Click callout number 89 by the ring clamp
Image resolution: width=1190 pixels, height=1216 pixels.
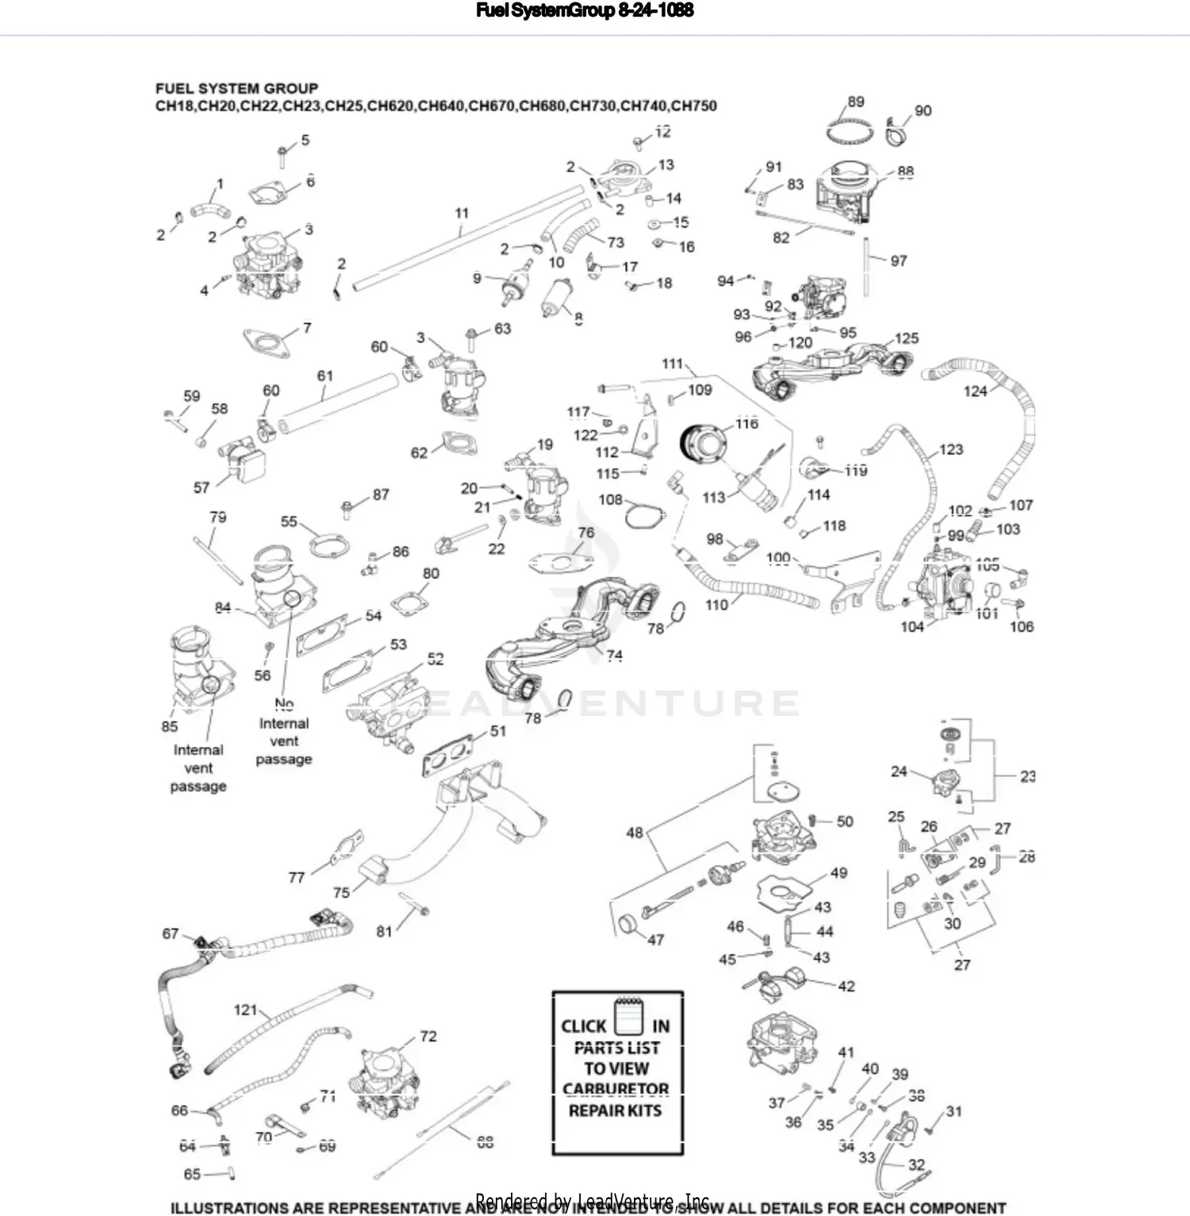click(855, 102)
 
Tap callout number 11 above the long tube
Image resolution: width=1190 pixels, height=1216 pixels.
click(462, 213)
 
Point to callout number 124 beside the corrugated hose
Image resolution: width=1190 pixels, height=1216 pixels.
click(975, 391)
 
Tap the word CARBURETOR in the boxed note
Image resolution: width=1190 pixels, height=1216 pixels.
click(616, 1089)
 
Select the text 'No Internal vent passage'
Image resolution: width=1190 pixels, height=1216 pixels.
click(283, 732)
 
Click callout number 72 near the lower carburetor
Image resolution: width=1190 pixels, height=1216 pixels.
click(428, 1036)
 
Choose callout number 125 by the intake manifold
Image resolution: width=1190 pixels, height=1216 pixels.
click(906, 338)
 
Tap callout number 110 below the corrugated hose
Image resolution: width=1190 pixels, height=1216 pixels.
click(716, 605)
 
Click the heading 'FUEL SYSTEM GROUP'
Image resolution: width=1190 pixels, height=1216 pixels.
click(236, 88)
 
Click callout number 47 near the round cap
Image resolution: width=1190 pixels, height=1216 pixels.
click(655, 940)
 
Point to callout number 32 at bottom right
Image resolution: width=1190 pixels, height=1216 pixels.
click(916, 1164)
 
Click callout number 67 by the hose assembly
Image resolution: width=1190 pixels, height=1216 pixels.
click(171, 933)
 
